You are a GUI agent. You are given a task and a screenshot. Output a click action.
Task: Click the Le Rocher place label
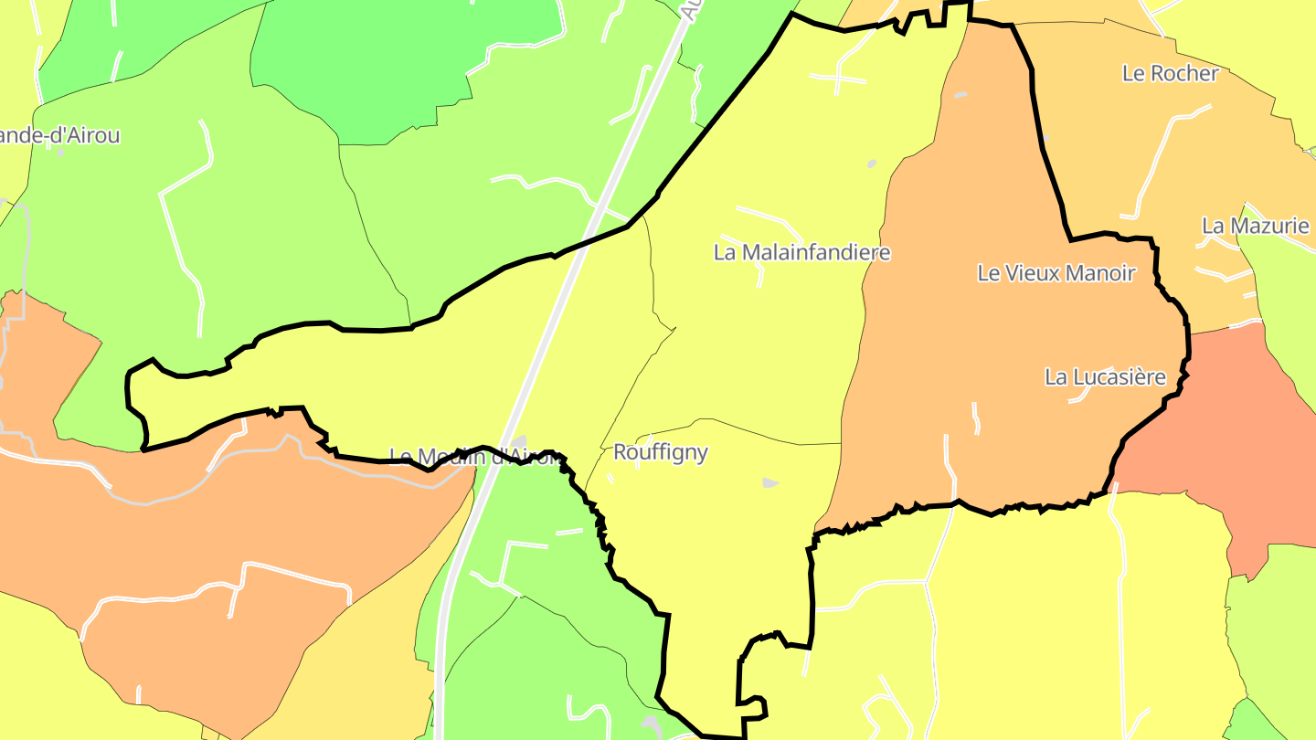click(x=1170, y=74)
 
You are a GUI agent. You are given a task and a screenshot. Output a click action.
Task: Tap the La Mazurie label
click(x=1255, y=226)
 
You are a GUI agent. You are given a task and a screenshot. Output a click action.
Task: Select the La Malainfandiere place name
click(x=801, y=252)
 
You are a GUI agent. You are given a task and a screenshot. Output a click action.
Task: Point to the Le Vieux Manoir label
click(x=1056, y=272)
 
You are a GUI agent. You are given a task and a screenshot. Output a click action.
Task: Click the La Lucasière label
click(x=1105, y=376)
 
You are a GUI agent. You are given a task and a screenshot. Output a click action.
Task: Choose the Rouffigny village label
click(x=660, y=452)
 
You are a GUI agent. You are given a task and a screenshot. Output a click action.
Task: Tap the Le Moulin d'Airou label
click(x=475, y=456)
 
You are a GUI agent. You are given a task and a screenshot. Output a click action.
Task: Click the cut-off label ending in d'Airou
click(x=59, y=136)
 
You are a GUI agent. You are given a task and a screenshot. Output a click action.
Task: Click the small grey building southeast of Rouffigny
click(x=770, y=481)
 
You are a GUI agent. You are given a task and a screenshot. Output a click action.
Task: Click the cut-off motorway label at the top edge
click(x=690, y=9)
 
